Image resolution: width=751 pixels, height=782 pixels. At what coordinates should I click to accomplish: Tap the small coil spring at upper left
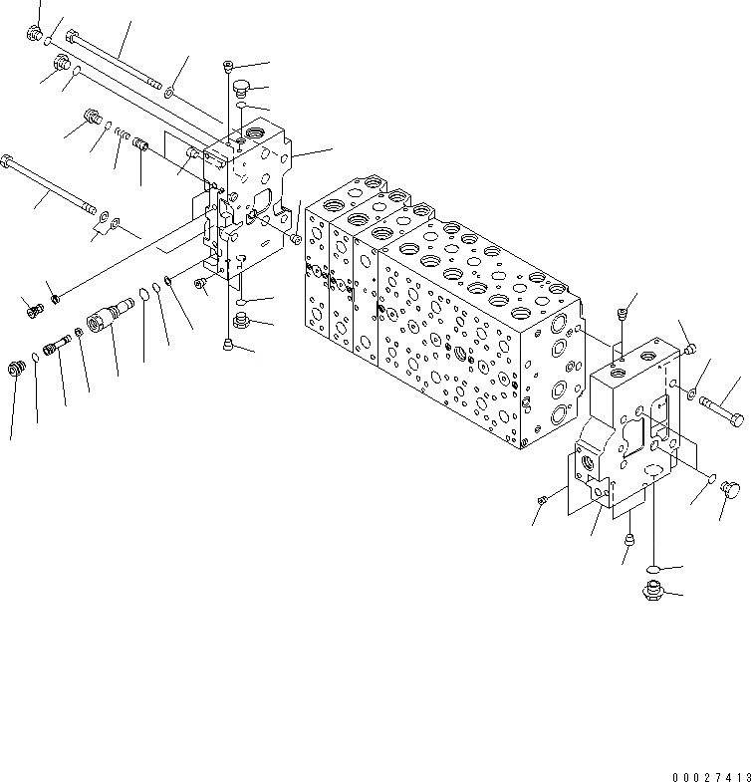click(120, 133)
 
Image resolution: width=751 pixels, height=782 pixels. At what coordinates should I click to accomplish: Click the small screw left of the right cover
click(543, 499)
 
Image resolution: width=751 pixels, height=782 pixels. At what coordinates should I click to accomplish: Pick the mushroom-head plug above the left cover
click(240, 88)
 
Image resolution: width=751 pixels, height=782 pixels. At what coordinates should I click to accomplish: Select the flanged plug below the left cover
click(240, 320)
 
